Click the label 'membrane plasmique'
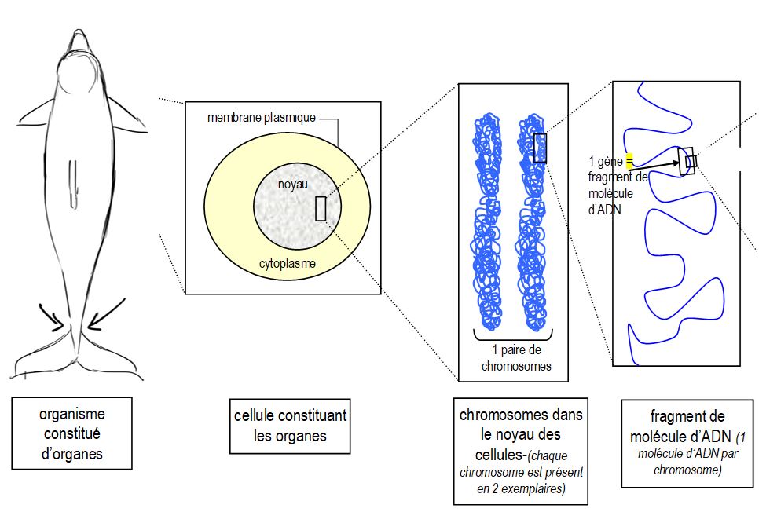(261, 118)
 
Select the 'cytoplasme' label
(288, 264)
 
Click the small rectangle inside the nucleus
(321, 208)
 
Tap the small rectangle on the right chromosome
(540, 148)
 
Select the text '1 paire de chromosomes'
(515, 358)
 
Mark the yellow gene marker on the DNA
(629, 161)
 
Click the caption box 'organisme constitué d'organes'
(71, 433)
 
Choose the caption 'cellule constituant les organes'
(290, 425)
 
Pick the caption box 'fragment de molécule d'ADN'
(687, 442)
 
